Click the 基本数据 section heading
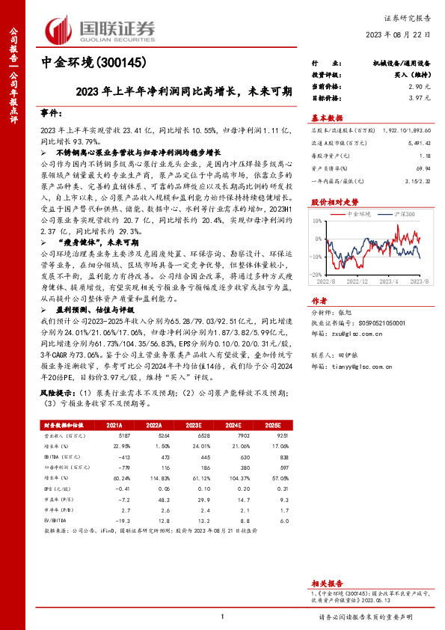327,118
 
